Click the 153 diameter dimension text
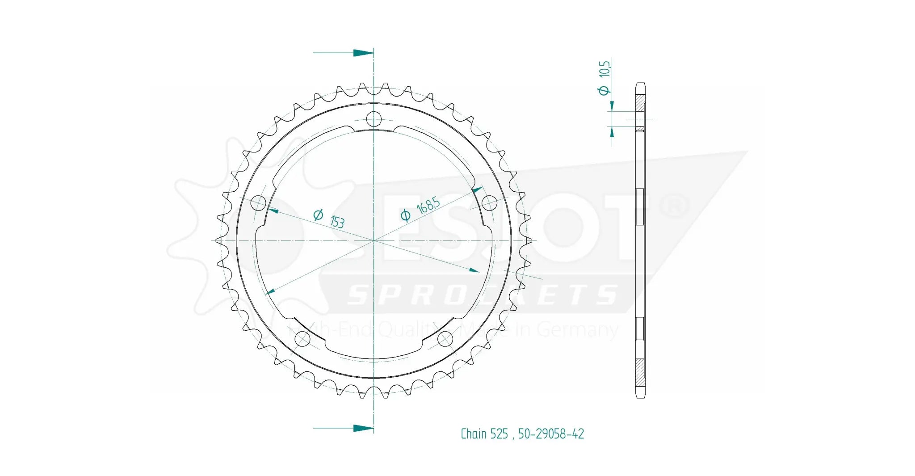[x=337, y=221]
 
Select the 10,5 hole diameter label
[x=604, y=69]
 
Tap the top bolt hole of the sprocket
[x=374, y=119]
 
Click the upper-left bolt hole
[x=258, y=203]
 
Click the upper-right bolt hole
[x=489, y=203]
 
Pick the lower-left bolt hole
[x=302, y=339]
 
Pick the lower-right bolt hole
[x=445, y=339]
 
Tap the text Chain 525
[x=484, y=434]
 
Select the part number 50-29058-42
[x=551, y=434]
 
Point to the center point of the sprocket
[x=374, y=240]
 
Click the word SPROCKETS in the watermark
[x=483, y=295]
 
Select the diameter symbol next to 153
[x=318, y=215]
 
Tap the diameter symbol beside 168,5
[x=405, y=215]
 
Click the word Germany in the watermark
[x=577, y=330]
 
